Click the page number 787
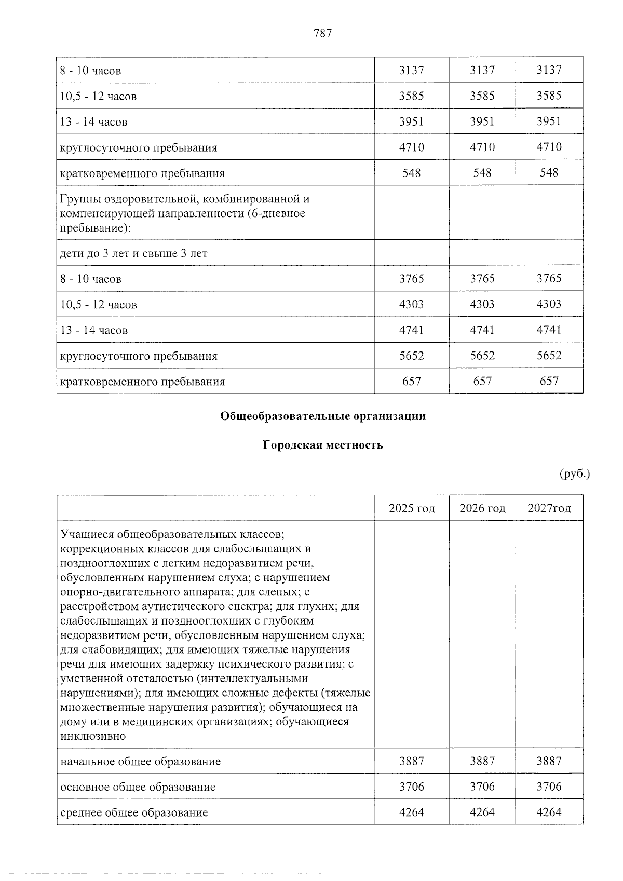point(322,34)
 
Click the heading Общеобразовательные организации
point(322,416)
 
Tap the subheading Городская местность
point(322,445)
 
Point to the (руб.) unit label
point(575,473)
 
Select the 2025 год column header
point(412,508)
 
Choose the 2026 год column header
point(482,508)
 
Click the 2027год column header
point(549,508)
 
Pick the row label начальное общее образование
point(140,762)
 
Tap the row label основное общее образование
point(138,787)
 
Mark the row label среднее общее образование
point(134,812)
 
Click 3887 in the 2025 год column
point(412,761)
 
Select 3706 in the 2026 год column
point(482,787)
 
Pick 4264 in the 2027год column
point(549,812)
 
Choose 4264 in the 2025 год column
point(412,812)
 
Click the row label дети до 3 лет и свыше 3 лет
point(133,253)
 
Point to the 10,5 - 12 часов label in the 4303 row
point(99,305)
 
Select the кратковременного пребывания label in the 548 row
point(142,173)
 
